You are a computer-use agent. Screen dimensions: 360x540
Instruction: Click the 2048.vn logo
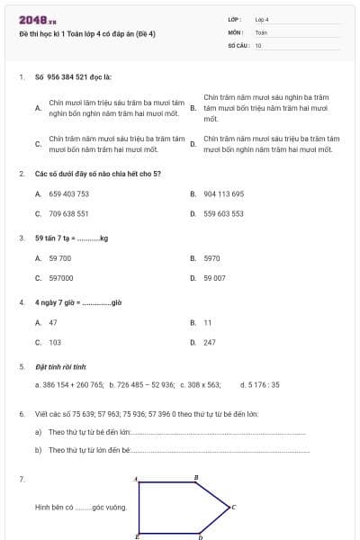37,19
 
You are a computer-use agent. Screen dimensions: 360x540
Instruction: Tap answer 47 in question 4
53,321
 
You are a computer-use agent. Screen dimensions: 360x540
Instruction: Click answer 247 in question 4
210,342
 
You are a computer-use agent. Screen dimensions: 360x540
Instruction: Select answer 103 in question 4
55,342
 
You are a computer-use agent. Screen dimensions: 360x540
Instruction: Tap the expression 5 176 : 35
264,384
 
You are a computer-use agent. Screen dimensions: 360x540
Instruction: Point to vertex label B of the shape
196,477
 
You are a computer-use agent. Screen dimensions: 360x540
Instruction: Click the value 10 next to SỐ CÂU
258,44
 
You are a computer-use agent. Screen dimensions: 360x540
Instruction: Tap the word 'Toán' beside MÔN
261,31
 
